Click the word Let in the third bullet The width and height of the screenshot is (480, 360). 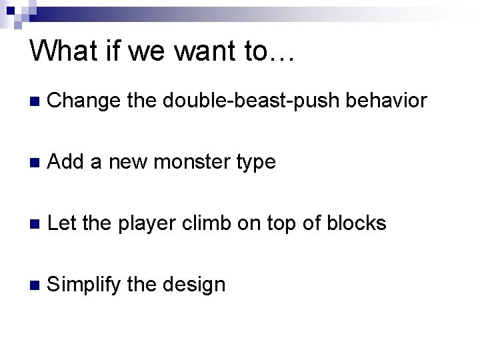pyautogui.click(x=63, y=223)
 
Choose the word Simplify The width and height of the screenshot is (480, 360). pyautogui.click(x=84, y=285)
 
